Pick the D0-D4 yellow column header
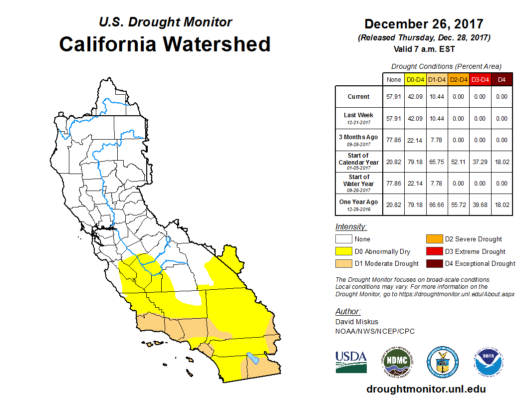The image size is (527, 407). (x=415, y=79)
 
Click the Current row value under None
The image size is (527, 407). (x=393, y=97)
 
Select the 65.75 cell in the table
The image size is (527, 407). (x=437, y=162)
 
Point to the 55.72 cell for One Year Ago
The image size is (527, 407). (x=458, y=204)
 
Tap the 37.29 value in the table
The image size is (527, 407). (x=480, y=162)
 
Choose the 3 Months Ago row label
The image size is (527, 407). (x=358, y=140)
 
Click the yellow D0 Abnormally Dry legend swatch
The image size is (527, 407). (x=343, y=251)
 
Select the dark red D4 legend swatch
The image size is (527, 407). (x=434, y=263)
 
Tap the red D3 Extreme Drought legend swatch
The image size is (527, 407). (x=434, y=251)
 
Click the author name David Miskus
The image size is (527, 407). (x=357, y=322)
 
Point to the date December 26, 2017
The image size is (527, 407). (x=424, y=24)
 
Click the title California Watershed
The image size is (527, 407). (x=165, y=44)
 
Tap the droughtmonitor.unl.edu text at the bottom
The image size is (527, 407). (x=426, y=389)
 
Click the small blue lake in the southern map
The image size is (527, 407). (x=253, y=358)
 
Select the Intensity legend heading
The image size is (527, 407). (x=351, y=227)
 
